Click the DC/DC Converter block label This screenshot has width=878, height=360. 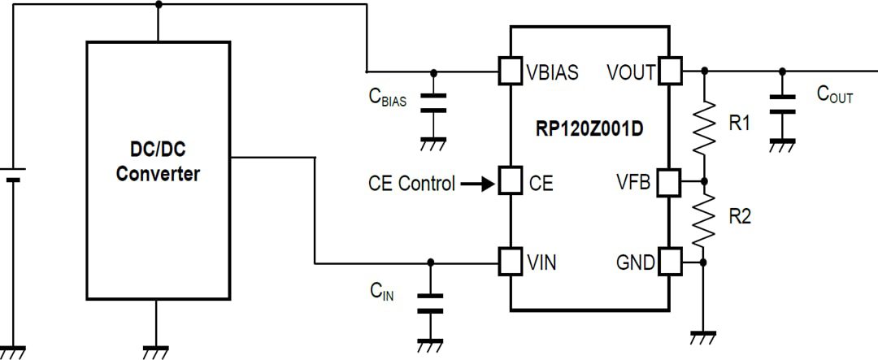[158, 161]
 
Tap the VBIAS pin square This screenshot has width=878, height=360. [510, 71]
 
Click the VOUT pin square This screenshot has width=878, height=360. [670, 71]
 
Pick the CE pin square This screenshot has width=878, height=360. [510, 180]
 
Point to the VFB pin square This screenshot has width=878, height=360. [670, 181]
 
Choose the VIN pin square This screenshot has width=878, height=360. [510, 262]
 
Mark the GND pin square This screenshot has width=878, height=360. [670, 262]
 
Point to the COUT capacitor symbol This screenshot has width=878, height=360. [782, 103]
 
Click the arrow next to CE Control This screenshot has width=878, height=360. [476, 184]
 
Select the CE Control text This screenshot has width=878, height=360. [411, 184]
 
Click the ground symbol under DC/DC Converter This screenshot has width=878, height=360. [157, 352]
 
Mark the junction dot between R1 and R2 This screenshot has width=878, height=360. [704, 181]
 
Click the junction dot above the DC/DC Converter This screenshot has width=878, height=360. [158, 4]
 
